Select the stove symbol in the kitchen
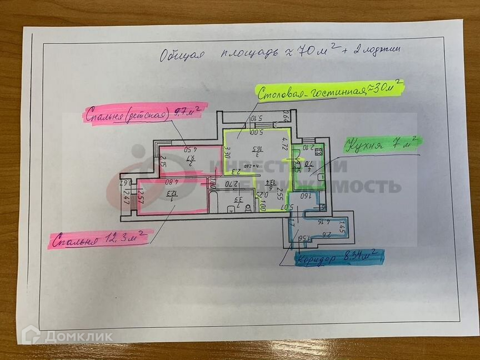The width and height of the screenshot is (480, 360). [319, 151]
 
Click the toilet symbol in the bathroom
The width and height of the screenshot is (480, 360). [231, 209]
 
